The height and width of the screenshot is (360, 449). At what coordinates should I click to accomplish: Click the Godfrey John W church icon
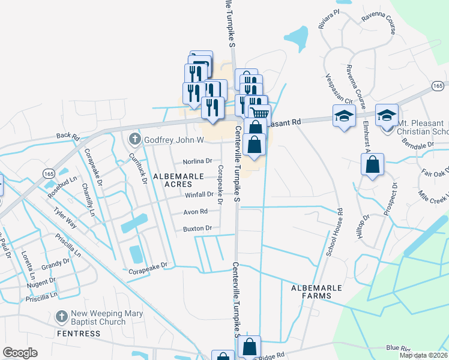(133, 140)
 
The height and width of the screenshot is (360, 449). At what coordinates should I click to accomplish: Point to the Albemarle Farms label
(316, 292)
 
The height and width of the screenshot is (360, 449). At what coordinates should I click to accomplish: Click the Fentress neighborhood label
(76, 333)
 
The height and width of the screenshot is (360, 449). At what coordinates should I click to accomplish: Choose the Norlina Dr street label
(197, 161)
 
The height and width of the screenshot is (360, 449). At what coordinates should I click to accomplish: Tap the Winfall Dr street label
(199, 194)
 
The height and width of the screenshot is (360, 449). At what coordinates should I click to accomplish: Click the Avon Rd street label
(195, 211)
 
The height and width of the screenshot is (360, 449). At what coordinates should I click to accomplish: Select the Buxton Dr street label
(197, 228)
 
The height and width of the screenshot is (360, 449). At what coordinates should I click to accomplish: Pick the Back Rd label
(68, 137)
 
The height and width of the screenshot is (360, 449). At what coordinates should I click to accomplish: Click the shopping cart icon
(260, 113)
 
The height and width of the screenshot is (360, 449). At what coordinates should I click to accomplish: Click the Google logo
(20, 353)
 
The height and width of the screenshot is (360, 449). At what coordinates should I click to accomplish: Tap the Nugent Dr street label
(41, 280)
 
